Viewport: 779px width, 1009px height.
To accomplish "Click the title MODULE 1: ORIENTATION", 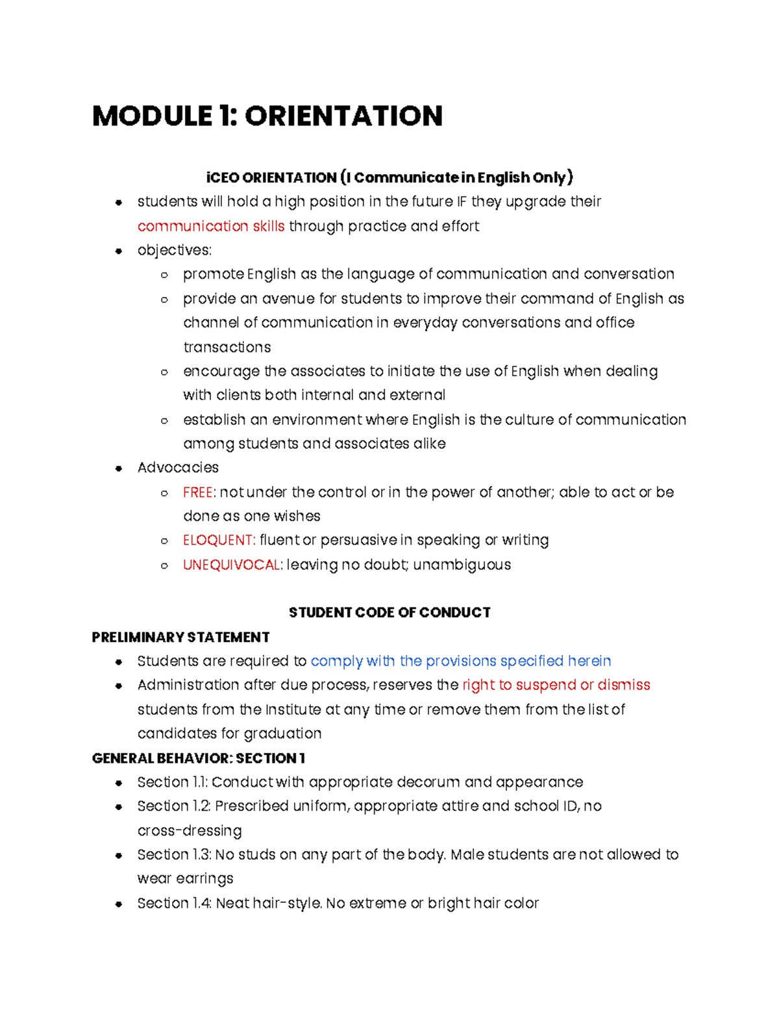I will click(x=267, y=116).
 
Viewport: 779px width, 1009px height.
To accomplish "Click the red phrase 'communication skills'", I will click(x=211, y=226).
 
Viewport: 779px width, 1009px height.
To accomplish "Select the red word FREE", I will click(x=197, y=492).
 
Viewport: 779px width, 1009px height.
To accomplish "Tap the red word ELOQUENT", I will click(x=218, y=541).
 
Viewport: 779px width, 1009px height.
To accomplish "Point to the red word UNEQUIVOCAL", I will click(x=232, y=565).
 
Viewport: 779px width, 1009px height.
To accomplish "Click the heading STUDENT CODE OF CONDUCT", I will click(x=389, y=613).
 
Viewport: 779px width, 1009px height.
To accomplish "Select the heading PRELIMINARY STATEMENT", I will click(x=180, y=637).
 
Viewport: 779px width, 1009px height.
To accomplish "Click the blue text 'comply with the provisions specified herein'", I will click(x=461, y=661).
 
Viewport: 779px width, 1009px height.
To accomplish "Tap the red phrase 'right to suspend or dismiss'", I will click(x=556, y=685).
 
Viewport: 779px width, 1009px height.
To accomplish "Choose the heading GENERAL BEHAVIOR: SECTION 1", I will click(x=198, y=758).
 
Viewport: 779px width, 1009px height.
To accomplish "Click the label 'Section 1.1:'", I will click(x=172, y=782).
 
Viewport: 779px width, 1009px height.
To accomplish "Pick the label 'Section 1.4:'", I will click(x=174, y=904).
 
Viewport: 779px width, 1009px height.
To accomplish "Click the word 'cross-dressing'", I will click(x=190, y=831).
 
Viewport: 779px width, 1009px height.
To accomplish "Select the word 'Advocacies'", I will click(x=178, y=468).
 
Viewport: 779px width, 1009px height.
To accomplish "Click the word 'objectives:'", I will click(x=175, y=251).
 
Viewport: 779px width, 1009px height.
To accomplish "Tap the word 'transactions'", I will click(x=227, y=348).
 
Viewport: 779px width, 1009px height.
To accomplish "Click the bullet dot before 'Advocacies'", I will click(x=118, y=468).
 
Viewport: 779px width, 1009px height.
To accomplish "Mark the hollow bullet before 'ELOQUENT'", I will click(x=164, y=541).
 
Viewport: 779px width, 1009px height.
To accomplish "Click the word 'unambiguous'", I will click(x=462, y=565).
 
